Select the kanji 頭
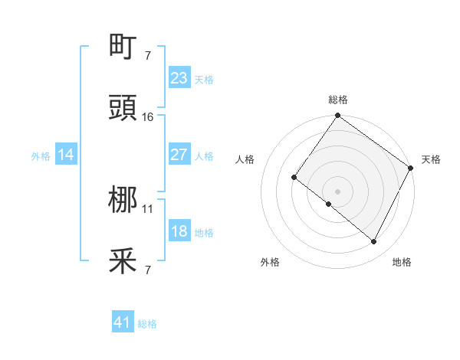click(x=123, y=108)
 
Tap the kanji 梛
click(x=123, y=201)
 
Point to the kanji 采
click(x=123, y=263)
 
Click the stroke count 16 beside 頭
click(x=148, y=117)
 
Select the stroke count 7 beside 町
click(x=147, y=56)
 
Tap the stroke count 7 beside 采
click(x=147, y=270)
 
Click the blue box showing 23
click(x=179, y=78)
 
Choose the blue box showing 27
click(x=179, y=155)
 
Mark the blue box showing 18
click(x=179, y=231)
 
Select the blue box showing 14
click(x=66, y=155)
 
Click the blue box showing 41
click(x=123, y=323)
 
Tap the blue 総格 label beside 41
click(x=147, y=325)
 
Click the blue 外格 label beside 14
click(x=41, y=156)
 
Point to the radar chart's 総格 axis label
click(x=338, y=100)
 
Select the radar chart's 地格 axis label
click(x=402, y=263)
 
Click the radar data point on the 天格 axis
click(x=411, y=169)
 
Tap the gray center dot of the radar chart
click(x=338, y=191)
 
